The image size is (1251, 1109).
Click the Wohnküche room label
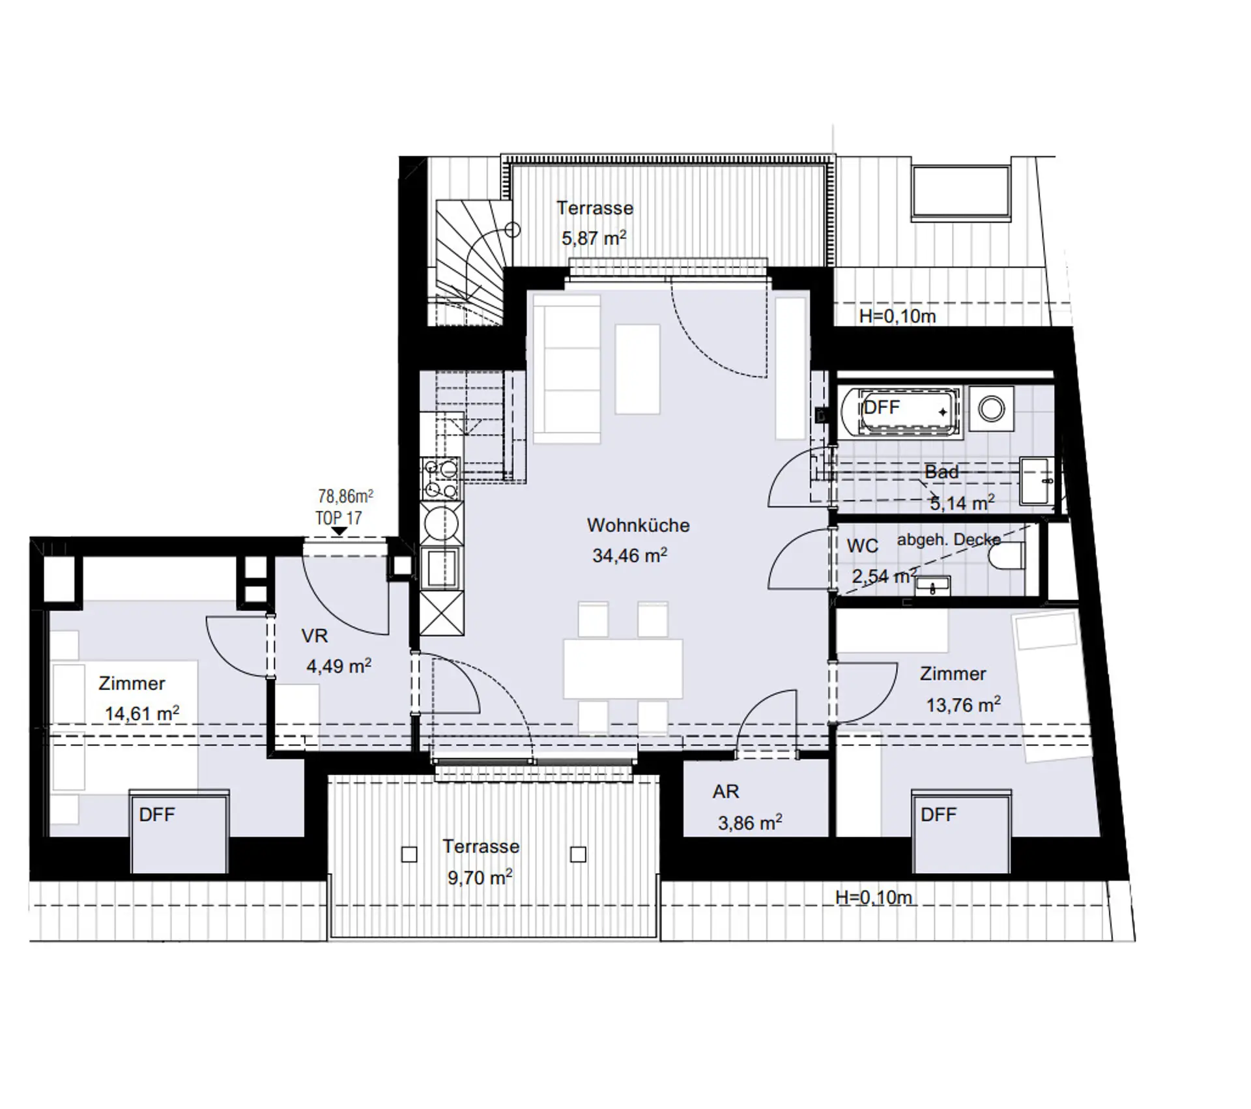click(x=638, y=525)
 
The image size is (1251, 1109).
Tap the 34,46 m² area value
click(x=629, y=555)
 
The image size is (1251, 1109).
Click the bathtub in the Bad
click(x=900, y=411)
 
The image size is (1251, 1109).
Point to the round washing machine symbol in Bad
click(x=991, y=409)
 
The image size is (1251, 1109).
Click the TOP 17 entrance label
click(x=338, y=519)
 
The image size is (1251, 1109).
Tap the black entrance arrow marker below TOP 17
click(x=339, y=532)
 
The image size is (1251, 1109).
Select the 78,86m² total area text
click(x=345, y=497)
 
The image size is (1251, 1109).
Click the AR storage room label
click(x=726, y=792)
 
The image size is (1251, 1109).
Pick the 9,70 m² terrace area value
click(x=480, y=878)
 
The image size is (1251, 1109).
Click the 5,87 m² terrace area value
click(x=594, y=238)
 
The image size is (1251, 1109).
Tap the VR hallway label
click(x=315, y=636)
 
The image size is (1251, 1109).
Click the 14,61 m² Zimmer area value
click(x=142, y=713)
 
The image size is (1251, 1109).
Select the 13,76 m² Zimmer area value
click(x=964, y=704)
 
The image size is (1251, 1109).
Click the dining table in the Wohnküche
click(x=623, y=669)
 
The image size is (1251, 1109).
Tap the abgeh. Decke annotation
click(x=949, y=540)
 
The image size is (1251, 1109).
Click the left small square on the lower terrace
click(x=409, y=854)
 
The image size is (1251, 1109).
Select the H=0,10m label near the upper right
click(x=897, y=317)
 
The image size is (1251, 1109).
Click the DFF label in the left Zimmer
click(x=157, y=814)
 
